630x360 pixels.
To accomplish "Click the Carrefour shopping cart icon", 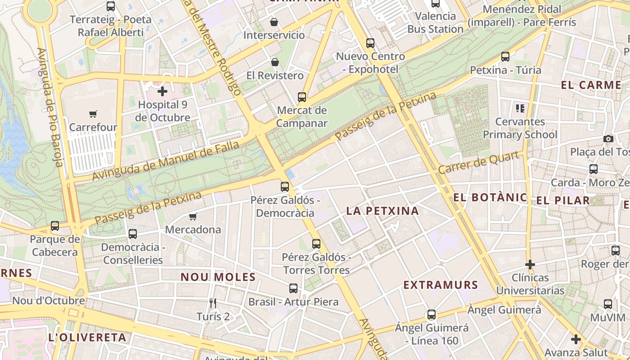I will [93, 114].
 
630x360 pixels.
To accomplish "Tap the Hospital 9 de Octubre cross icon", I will [162, 92].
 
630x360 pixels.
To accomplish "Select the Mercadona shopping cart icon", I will [193, 217].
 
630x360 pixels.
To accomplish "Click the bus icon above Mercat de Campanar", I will [302, 97].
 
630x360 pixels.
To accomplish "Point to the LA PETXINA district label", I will [382, 211].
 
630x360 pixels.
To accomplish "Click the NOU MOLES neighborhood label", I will [218, 277].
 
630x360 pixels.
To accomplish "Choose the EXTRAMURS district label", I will [441, 285].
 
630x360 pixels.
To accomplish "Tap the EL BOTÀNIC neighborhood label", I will [490, 198].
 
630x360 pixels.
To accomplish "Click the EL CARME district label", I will [591, 85].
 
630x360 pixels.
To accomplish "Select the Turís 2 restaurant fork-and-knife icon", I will [213, 303].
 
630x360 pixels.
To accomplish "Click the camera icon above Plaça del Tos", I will [608, 139].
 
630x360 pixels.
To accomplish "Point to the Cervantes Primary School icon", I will [520, 108].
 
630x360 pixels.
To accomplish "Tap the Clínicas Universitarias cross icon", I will [530, 265].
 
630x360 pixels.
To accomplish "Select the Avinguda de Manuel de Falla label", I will [166, 161].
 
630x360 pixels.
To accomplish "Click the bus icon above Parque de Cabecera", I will [55, 226].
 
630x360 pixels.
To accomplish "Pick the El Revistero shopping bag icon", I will [275, 62].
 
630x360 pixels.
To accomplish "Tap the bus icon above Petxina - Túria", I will [505, 57].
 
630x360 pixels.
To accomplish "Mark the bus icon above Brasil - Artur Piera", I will [293, 288].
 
